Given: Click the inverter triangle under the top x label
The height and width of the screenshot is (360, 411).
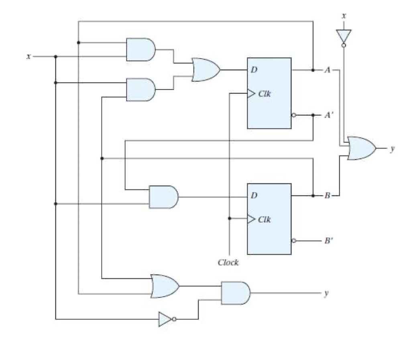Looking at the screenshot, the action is tap(344, 36).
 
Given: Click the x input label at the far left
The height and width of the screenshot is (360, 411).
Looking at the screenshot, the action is tap(28, 57).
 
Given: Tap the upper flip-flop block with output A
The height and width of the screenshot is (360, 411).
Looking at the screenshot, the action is tap(269, 93).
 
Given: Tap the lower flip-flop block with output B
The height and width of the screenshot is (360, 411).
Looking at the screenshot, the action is tap(269, 218).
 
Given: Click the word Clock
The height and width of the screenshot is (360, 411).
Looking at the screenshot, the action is tap(228, 263).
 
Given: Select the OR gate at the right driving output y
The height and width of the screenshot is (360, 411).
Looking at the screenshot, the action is tap(361, 148).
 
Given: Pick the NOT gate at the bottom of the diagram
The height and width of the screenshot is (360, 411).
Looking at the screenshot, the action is tap(165, 319).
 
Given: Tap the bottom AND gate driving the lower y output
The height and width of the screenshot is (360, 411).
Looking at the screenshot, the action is tap(235, 293).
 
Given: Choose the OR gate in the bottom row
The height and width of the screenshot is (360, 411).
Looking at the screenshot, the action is tap(164, 286).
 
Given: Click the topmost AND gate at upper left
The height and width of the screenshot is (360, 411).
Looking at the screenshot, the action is tap(140, 50).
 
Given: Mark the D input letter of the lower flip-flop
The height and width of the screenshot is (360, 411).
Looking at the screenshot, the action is tap(254, 196).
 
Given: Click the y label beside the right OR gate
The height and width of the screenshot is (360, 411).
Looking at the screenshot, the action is tap(393, 148).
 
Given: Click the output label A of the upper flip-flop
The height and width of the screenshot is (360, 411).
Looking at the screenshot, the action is tap(328, 70).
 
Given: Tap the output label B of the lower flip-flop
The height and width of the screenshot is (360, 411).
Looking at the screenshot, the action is tap(328, 196).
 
